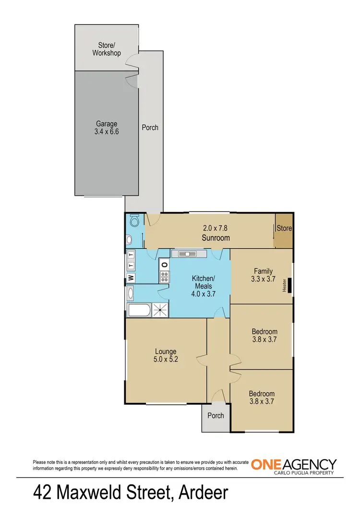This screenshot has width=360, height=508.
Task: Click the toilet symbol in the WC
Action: click(134, 221)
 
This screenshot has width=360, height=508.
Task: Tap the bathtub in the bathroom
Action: click(139, 310)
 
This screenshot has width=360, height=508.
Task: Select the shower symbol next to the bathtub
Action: click(160, 310)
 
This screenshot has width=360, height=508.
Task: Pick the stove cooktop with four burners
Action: click(164, 276)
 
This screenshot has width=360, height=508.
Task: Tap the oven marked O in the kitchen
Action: click(164, 264)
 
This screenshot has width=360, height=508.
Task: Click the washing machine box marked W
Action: click(131, 277)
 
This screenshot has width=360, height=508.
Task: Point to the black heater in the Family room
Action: click(289, 285)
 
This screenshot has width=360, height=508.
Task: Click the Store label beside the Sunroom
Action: click(284, 228)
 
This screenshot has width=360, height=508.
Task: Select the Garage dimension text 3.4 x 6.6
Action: click(106, 131)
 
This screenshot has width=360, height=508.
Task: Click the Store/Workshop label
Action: click(107, 49)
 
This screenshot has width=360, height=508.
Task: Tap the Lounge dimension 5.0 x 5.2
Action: click(166, 359)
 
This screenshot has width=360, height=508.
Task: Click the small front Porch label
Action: click(216, 415)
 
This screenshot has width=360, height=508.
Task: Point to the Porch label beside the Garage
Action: click(150, 128)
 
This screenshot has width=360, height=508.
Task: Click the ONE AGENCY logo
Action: click(294, 466)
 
